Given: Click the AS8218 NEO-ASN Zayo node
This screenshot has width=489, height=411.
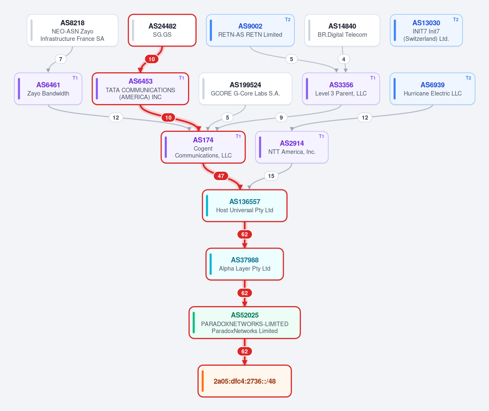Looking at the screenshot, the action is [72, 30].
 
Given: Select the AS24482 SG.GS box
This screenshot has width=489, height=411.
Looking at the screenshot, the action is [162, 30].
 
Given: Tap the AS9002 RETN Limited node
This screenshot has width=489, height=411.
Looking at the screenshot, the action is [250, 30].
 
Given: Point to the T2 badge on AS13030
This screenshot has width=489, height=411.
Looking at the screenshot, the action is [456, 20].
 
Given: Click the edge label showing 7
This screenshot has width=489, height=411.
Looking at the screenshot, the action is [60, 59].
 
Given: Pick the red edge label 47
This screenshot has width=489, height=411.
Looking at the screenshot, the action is [221, 176].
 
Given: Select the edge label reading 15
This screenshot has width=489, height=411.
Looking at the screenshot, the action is [271, 176].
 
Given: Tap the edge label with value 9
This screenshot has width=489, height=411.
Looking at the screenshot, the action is [281, 118].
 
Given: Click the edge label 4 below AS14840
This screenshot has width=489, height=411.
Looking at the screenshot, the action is [344, 59].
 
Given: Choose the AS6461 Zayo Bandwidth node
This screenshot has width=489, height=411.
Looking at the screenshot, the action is [48, 89].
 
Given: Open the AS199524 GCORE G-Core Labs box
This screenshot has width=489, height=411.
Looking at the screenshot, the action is [246, 89].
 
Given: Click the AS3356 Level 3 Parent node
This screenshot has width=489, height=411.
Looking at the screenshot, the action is [341, 89].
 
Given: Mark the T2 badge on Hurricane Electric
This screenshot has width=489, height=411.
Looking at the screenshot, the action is [469, 78].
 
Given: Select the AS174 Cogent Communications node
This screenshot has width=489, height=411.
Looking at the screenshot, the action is [203, 147].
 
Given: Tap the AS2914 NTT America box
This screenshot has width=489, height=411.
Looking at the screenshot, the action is [292, 147].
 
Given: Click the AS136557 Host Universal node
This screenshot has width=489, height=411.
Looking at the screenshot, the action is [245, 206].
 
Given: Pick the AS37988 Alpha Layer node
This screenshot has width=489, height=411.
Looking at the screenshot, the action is [245, 264].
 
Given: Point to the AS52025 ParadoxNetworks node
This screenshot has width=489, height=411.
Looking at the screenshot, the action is [245, 323].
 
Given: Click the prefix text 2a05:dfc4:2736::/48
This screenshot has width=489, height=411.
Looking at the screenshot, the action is [245, 381].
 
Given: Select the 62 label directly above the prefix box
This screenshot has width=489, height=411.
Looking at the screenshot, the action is [245, 351].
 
